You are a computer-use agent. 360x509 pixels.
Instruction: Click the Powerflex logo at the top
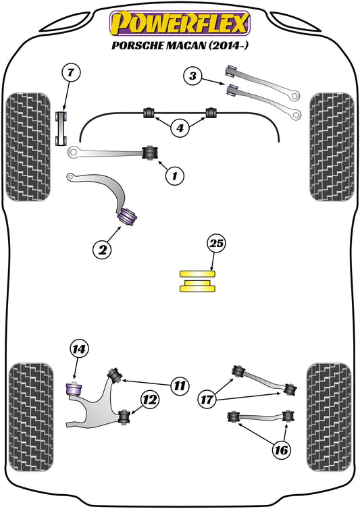[x=180, y=22]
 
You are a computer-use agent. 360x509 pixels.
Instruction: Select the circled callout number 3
[x=193, y=77]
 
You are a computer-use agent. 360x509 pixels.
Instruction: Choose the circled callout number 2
[x=102, y=250]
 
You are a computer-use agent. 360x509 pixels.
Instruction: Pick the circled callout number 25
[x=216, y=244]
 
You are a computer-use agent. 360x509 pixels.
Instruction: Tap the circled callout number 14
[x=79, y=349]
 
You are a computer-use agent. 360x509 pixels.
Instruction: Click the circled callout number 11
[x=178, y=386]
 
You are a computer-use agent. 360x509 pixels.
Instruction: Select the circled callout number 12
[x=149, y=400]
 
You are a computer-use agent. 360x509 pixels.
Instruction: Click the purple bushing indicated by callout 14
[x=72, y=390]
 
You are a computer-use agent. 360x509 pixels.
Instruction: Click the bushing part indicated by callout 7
[x=61, y=129]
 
